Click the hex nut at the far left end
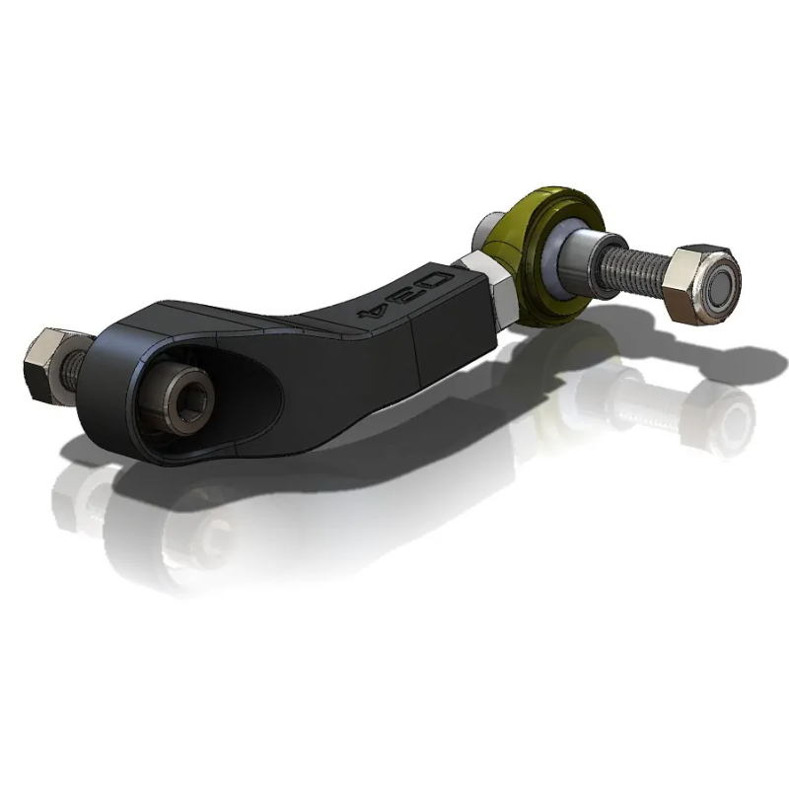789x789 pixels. coord(41,363)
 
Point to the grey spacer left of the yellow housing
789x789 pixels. coord(487,232)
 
